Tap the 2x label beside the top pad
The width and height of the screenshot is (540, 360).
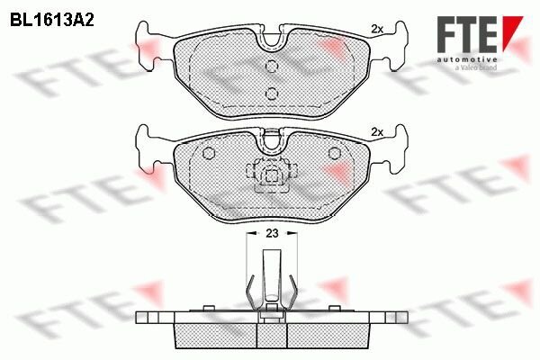[x=377, y=30]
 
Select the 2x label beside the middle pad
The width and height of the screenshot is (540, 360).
[x=377, y=132]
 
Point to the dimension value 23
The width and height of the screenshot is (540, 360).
[x=270, y=233]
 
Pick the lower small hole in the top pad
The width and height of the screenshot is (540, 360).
[x=271, y=92]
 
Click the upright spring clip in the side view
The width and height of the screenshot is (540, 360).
[x=271, y=279]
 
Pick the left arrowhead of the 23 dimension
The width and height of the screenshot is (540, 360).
[x=249, y=233]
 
